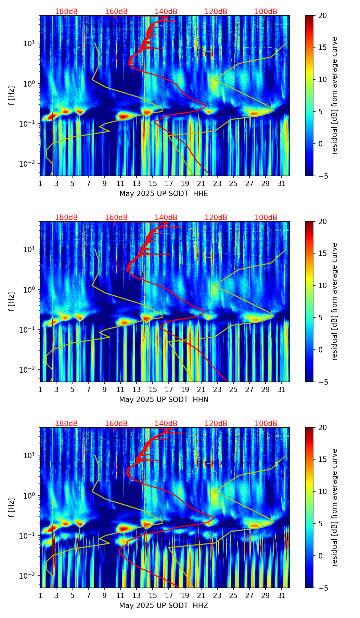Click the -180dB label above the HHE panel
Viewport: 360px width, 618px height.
coord(65,12)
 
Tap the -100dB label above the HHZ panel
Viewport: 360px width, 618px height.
coord(265,424)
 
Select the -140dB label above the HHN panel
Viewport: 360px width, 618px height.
coord(165,218)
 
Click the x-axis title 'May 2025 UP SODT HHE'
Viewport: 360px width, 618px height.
coord(164,194)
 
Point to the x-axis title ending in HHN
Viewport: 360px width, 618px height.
coord(164,400)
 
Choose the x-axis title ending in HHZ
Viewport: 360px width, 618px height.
coord(164,606)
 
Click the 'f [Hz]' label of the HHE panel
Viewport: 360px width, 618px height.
coord(12,95)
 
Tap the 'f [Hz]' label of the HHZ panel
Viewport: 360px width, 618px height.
coord(12,507)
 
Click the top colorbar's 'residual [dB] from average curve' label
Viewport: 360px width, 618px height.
coord(334,95)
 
